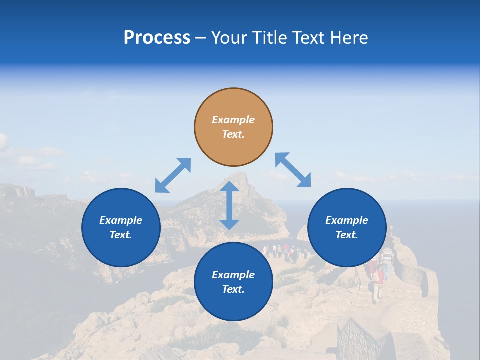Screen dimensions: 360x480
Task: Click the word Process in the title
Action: pos(157,38)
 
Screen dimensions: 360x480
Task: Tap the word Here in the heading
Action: pos(350,38)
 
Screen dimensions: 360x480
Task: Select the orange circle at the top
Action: pos(233,127)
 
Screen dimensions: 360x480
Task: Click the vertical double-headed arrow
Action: pos(229,206)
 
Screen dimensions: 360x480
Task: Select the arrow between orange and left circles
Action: pos(173,175)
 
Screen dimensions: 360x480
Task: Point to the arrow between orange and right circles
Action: pos(293,170)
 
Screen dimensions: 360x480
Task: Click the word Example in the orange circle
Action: pos(233,120)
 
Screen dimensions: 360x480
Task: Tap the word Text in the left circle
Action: pos(121,235)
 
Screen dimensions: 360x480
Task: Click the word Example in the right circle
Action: pos(347,220)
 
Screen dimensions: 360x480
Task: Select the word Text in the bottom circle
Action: pos(233,289)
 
